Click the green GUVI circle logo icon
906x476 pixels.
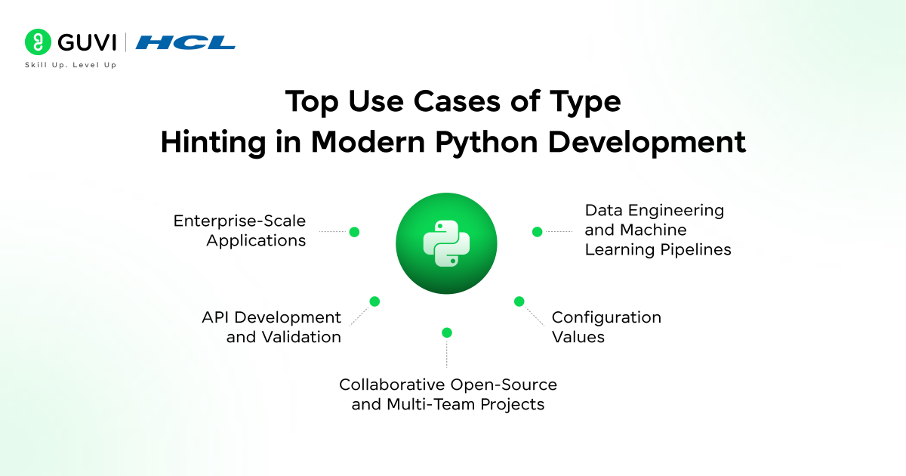point(38,42)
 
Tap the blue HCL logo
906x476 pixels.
point(185,42)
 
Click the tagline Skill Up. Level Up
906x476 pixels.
point(71,65)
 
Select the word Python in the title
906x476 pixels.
point(486,143)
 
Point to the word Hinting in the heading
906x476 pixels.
point(213,143)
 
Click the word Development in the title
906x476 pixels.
point(647,143)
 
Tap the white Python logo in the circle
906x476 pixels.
point(446,243)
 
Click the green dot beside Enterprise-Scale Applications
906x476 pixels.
point(354,232)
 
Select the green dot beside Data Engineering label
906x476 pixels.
point(537,232)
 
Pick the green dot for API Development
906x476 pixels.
point(374,301)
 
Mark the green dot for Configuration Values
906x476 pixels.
point(519,301)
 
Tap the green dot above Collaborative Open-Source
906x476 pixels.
point(446,332)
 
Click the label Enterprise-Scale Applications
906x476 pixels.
point(240,230)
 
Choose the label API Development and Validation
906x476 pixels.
point(271,327)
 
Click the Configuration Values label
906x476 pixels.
point(606,327)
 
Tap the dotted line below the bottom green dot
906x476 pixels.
point(446,354)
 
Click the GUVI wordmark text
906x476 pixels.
point(87,42)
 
